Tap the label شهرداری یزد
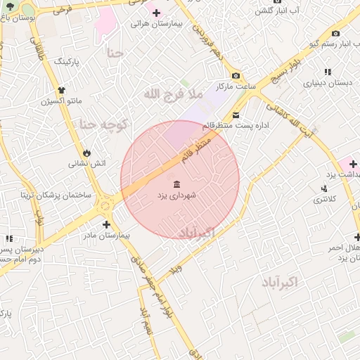[176, 195]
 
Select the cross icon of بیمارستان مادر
[106, 225]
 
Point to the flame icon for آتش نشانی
[86, 152]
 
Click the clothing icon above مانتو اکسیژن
[62, 90]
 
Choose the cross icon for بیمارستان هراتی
[156, 13]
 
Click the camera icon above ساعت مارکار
[236, 76]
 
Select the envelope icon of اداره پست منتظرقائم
[236, 115]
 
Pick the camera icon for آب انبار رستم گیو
[335, 34]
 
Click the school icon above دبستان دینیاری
[328, 72]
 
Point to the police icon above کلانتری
[324, 188]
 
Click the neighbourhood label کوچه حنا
[103, 124]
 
